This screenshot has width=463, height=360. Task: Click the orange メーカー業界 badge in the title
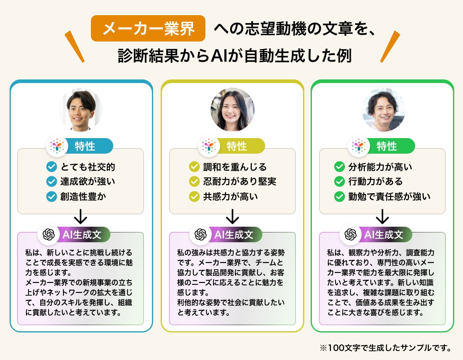[x=148, y=29]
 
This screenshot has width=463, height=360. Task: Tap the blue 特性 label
[x=85, y=146]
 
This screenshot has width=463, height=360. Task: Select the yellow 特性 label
[x=237, y=146]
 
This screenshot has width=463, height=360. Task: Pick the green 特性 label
[x=387, y=146]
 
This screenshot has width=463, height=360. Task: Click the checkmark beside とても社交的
[x=52, y=167]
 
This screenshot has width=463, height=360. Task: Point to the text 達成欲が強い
[x=87, y=182]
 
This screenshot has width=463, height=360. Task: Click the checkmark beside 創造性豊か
[x=52, y=196]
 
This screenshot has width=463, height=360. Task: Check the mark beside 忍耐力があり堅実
[x=194, y=182]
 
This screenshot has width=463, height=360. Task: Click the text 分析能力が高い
[x=380, y=167]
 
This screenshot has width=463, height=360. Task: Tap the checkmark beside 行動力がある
[x=339, y=182]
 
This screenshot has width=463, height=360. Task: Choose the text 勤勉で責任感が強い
[x=389, y=196]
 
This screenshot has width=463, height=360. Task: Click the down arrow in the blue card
[x=81, y=217]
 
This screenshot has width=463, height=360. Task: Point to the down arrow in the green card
[x=382, y=217]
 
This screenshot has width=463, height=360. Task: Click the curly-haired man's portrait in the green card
[x=383, y=109]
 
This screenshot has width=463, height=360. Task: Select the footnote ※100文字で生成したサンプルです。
[x=385, y=348]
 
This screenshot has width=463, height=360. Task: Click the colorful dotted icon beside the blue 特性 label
[x=57, y=146]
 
